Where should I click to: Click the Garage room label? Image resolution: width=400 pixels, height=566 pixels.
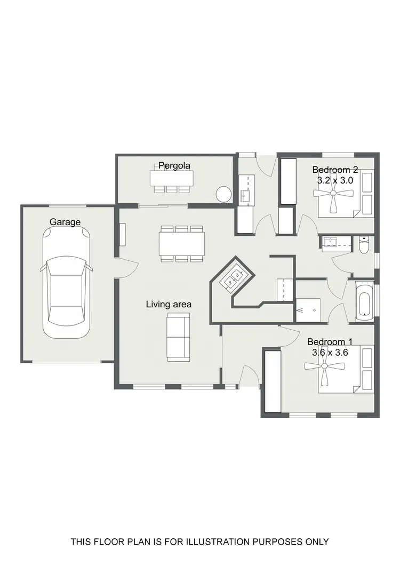[x=65, y=222]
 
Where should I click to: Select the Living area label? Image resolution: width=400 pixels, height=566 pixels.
[x=169, y=304]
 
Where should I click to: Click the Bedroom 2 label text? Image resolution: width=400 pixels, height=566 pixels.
[x=335, y=170]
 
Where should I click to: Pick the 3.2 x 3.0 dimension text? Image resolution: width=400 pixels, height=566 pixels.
[x=335, y=180]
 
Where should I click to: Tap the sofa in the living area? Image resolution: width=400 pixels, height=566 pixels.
[x=178, y=337]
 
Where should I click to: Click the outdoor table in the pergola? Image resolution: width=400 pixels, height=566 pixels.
[x=170, y=177]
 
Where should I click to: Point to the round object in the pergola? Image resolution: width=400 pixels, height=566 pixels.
[x=223, y=194]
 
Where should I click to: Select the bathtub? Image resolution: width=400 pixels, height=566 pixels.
[x=364, y=302]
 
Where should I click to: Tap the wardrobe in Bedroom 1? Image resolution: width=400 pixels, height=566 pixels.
[x=272, y=381]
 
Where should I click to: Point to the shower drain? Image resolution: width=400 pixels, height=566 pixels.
[x=300, y=309]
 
